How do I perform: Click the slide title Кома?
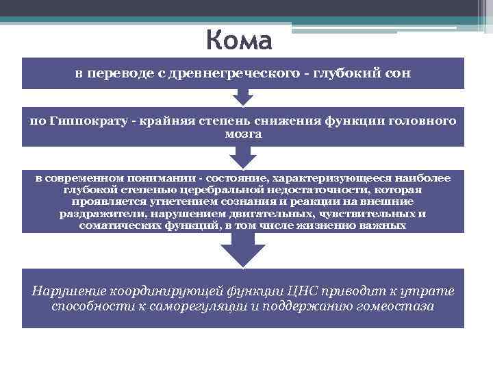[x=238, y=41]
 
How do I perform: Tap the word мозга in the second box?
[x=243, y=134]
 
